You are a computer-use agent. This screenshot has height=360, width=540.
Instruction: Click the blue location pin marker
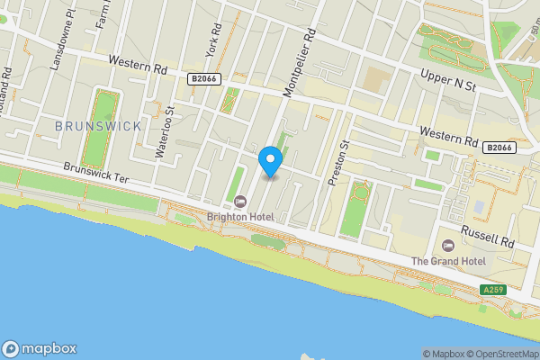[x=271, y=161]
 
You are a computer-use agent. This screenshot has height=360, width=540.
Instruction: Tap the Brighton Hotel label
[x=246, y=217]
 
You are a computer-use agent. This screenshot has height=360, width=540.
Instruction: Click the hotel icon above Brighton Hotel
[x=240, y=201]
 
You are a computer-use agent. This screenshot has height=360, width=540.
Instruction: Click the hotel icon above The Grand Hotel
[x=449, y=245]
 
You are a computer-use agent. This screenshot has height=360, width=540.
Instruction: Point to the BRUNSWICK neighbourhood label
[x=98, y=126]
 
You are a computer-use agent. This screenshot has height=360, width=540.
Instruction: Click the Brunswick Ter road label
[x=96, y=171]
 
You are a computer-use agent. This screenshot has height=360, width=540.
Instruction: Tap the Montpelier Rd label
[x=300, y=60]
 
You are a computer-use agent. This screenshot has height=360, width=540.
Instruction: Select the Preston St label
[x=338, y=162]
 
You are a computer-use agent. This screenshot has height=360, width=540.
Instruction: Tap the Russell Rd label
[x=487, y=236]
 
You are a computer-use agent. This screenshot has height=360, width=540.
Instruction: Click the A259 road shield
[x=492, y=290]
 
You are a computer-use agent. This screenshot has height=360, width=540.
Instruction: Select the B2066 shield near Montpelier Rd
[x=202, y=79]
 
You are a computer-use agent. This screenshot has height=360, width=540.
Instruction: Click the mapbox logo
[x=40, y=349]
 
